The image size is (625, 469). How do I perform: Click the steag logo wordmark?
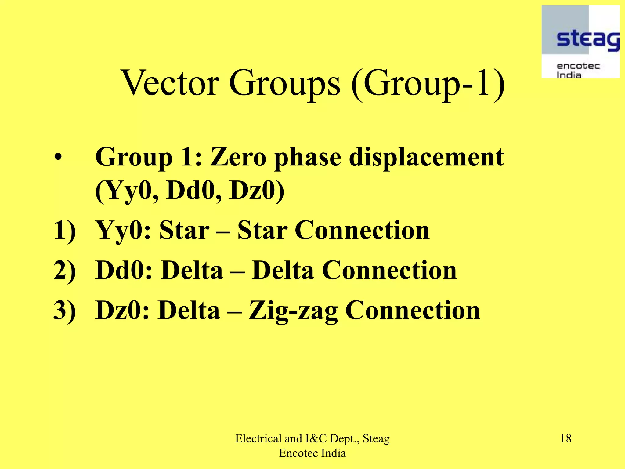tap(588, 39)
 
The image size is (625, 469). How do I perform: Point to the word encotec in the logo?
tap(578, 66)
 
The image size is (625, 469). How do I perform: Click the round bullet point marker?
tap(58, 158)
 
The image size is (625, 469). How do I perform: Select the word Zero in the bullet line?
tap(238, 157)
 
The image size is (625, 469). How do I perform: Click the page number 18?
tap(565, 439)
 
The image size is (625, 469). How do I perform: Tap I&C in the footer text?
tap(316, 439)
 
